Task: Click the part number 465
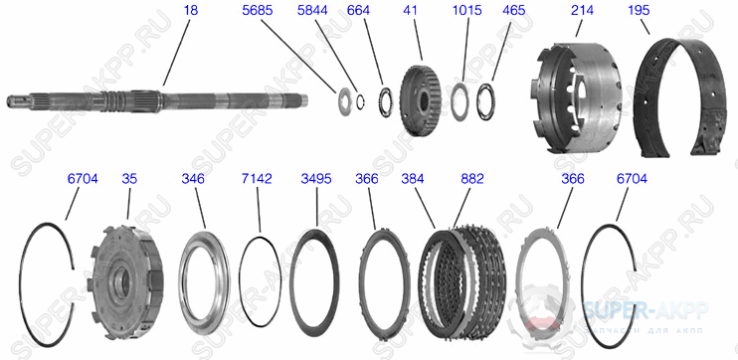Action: pyautogui.click(x=514, y=10)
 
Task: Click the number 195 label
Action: pyautogui.click(x=641, y=10)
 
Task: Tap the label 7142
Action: pyautogui.click(x=258, y=179)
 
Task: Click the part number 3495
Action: pyautogui.click(x=316, y=179)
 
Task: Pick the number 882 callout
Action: pyautogui.click(x=472, y=179)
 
